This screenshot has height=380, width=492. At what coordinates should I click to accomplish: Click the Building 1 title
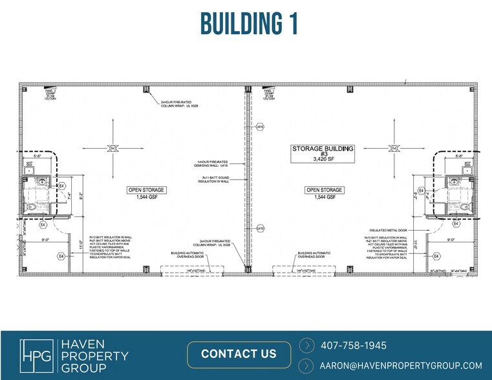249,23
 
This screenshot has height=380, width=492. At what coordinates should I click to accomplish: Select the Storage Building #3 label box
323,153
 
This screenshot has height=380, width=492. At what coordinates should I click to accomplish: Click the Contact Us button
239,354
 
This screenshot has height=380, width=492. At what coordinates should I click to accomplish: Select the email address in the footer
401,365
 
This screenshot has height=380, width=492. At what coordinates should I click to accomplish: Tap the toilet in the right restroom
464,206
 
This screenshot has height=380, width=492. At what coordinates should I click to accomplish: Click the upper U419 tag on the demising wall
260,127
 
